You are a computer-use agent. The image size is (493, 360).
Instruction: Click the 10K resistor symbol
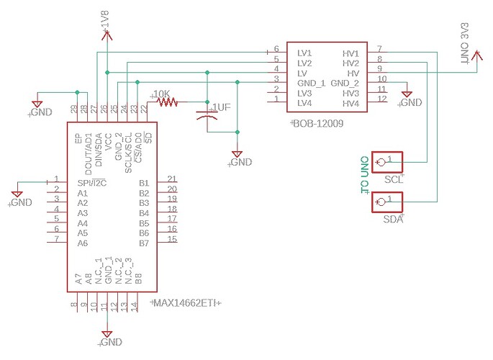point(167,102)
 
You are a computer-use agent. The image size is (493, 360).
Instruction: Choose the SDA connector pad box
point(386,202)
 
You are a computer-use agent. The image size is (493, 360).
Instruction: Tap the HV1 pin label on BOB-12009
point(350,54)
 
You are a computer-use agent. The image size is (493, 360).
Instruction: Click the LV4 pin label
point(305,104)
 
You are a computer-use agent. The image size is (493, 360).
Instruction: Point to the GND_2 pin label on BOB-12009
point(345,84)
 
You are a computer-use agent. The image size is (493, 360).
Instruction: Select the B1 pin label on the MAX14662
point(144,183)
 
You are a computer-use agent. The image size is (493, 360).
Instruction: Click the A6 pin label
point(82,243)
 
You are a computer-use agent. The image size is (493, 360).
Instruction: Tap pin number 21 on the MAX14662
point(171,179)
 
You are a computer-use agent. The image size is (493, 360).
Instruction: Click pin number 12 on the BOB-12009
point(382,99)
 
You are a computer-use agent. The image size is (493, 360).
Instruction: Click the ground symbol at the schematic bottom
point(107,337)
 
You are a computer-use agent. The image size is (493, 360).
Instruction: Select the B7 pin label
point(144,243)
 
